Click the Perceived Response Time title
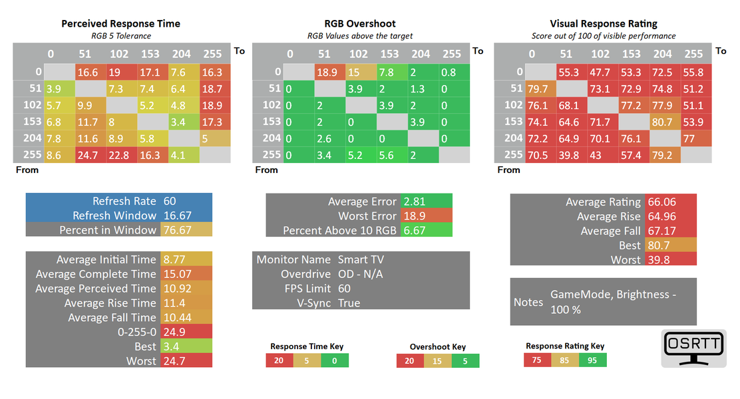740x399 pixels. pyautogui.click(x=120, y=23)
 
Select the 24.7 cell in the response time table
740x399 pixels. pyautogui.click(x=90, y=155)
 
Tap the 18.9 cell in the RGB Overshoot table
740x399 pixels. pyautogui.click(x=329, y=72)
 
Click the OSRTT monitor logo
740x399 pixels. pyautogui.click(x=693, y=348)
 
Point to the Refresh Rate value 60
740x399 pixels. pyautogui.click(x=170, y=201)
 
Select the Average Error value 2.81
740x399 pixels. pyautogui.click(x=414, y=201)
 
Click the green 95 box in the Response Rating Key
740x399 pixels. pyautogui.click(x=592, y=360)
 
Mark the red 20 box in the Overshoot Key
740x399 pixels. pyautogui.click(x=409, y=360)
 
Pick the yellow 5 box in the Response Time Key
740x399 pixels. pyautogui.click(x=307, y=360)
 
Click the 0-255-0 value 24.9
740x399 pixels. pyautogui.click(x=173, y=332)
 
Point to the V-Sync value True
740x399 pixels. pyautogui.click(x=349, y=303)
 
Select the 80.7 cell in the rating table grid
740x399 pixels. pyautogui.click(x=663, y=122)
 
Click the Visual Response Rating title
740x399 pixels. pyautogui.click(x=604, y=23)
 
